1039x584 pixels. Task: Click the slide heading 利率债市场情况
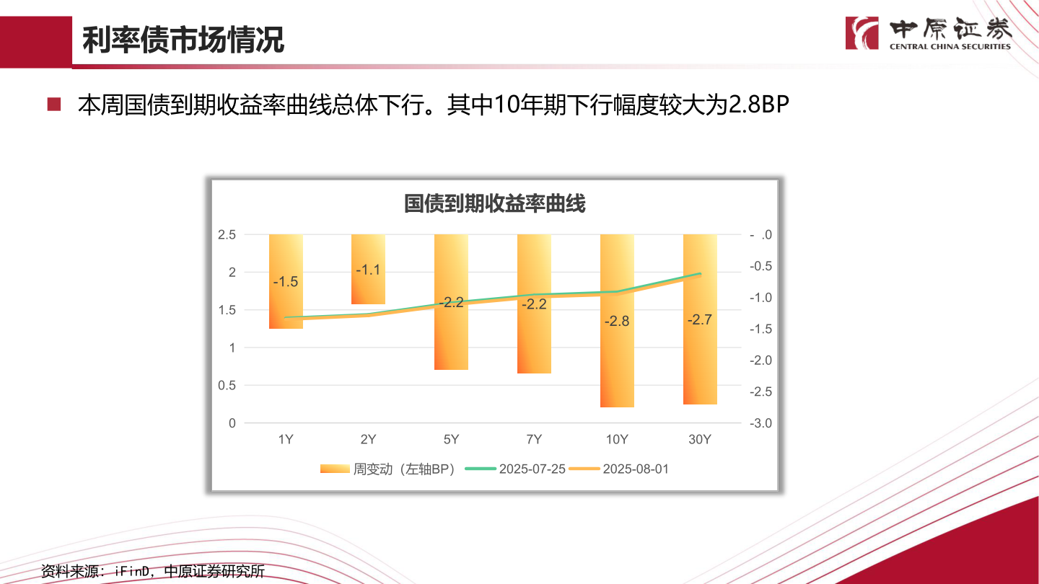pos(183,40)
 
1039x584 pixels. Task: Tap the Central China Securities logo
pos(928,33)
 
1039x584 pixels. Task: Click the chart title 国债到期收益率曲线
pos(494,204)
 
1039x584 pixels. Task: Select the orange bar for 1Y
pos(286,303)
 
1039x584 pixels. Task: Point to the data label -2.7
pos(700,320)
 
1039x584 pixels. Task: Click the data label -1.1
pos(368,270)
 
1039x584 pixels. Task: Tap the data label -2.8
pos(617,322)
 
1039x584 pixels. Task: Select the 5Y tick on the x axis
pos(451,440)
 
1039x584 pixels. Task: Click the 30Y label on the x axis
pos(700,440)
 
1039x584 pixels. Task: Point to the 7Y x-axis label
pos(534,440)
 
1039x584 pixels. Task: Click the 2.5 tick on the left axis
pos(227,235)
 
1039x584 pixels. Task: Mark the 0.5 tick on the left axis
pos(227,386)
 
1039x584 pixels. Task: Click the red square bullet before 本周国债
pos(54,105)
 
